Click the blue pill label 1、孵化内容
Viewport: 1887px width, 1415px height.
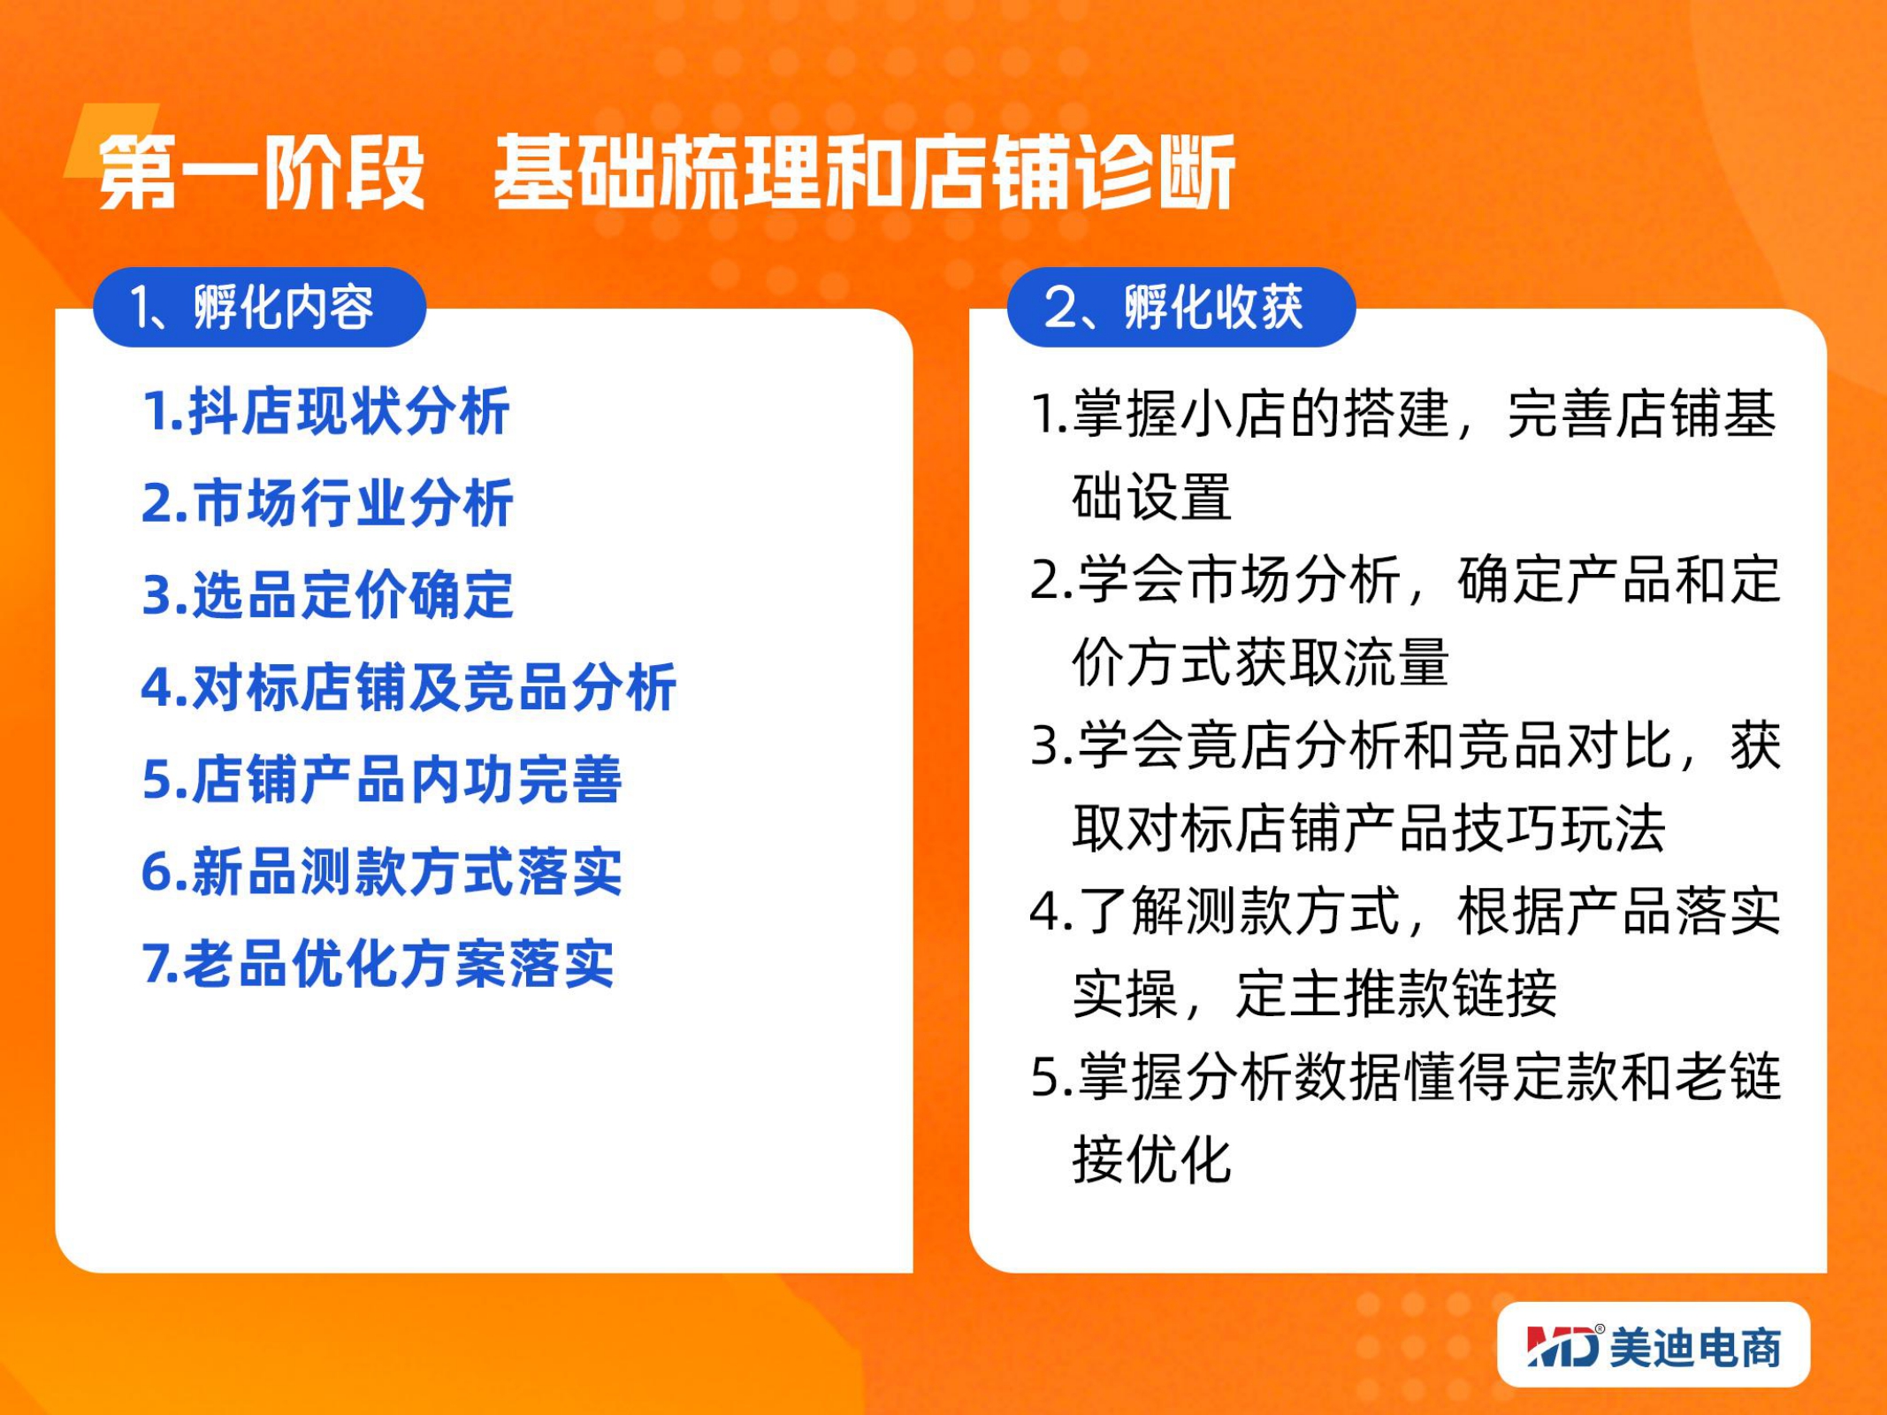[259, 307]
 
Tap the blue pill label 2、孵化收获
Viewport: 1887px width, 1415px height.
[1181, 307]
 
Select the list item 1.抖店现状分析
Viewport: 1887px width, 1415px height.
[326, 411]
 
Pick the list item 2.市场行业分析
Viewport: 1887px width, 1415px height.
[327, 503]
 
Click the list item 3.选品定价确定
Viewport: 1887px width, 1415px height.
[327, 594]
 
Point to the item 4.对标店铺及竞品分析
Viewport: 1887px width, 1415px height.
[409, 686]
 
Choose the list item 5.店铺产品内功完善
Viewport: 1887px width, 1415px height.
[382, 778]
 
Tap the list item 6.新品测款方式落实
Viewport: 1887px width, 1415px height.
[382, 871]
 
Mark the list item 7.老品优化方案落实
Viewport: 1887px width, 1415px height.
[378, 962]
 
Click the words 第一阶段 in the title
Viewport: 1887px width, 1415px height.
[262, 172]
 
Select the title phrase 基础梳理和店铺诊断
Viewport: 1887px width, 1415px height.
[864, 172]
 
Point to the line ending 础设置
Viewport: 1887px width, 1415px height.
[1151, 496]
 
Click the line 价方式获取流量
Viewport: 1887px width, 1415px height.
[1260, 662]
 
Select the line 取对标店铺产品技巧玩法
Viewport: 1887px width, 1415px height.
[1369, 828]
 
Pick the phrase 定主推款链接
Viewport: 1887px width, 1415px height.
[1396, 994]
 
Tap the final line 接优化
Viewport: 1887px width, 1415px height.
[1151, 1159]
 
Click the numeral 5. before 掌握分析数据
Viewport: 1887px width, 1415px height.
[1051, 1078]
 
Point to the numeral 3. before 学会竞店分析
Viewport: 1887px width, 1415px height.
[1051, 746]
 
